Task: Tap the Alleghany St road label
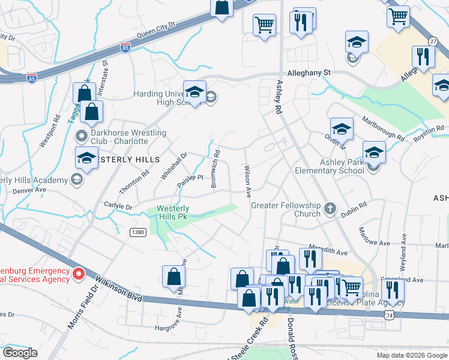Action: click(309, 71)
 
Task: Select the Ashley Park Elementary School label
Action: click(329, 166)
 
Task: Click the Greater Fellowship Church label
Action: click(285, 209)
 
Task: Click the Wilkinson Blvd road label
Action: click(117, 287)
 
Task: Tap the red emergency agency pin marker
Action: click(78, 275)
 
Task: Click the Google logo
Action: click(20, 353)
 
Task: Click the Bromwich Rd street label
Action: click(215, 169)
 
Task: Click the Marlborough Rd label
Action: click(382, 128)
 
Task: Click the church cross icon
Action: click(329, 209)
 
